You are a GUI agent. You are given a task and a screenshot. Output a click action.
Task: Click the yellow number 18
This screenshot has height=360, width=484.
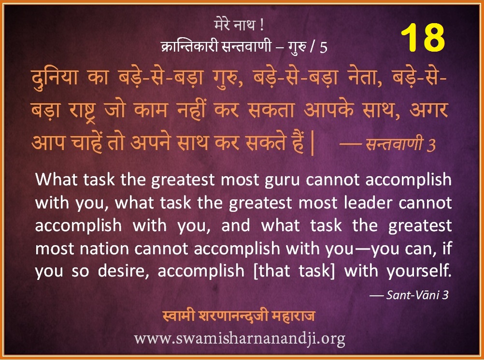[x=423, y=38]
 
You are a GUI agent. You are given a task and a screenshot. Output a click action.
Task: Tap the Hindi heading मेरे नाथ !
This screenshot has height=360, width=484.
[x=239, y=25]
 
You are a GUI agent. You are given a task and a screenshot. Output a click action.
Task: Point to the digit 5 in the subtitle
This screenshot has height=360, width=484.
[x=323, y=47]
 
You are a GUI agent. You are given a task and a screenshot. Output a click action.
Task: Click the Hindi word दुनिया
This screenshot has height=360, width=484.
[x=54, y=77]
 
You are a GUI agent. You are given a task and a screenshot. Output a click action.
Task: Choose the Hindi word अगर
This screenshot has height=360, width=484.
[x=428, y=110]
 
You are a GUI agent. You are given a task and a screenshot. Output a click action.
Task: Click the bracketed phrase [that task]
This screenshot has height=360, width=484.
[x=294, y=271]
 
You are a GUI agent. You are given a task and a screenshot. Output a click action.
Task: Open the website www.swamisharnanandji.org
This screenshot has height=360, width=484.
[x=240, y=339]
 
